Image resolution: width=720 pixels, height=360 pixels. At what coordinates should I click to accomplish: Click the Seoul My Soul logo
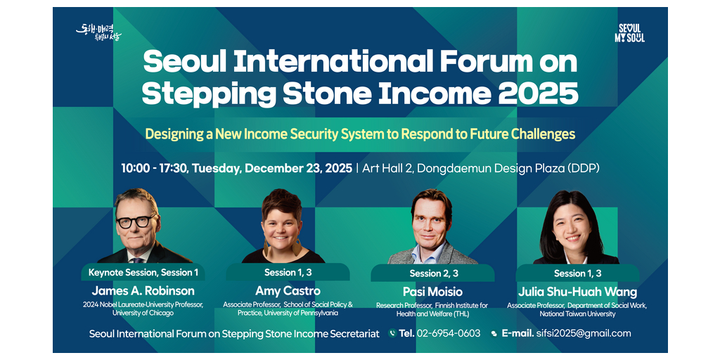(629, 33)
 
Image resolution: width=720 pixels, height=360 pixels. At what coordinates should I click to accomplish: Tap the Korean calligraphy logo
(98, 32)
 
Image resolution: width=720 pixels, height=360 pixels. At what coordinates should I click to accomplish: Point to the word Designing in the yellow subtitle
(172, 134)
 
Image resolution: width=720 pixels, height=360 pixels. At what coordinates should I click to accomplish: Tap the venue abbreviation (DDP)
(584, 168)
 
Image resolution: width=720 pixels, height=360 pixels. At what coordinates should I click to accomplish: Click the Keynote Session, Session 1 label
(143, 272)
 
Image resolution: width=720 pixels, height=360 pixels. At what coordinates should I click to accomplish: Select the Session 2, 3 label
(432, 274)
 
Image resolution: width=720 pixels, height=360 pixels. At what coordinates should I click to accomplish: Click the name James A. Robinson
(143, 290)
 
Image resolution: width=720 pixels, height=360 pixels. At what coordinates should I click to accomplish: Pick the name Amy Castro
(288, 291)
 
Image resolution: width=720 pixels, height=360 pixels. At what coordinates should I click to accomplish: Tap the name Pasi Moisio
(432, 292)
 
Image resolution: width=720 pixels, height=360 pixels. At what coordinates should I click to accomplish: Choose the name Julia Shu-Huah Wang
(578, 292)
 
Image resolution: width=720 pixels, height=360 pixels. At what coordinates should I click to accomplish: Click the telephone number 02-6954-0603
(448, 333)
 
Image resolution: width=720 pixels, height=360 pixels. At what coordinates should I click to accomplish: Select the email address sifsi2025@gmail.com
(583, 333)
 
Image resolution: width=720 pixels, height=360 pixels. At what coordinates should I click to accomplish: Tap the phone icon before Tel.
(392, 333)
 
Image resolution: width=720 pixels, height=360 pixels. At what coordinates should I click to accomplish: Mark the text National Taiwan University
(577, 314)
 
